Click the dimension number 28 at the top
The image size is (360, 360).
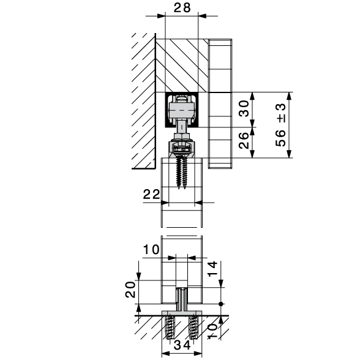182,7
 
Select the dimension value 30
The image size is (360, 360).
244,108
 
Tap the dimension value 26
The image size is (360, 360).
244,141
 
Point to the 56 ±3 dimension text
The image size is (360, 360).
280,125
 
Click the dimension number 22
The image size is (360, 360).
151,195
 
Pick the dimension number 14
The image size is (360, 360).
212,269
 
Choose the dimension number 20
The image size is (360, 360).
130,290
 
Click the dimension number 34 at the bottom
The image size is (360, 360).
182,345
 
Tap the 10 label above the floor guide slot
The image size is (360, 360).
151,249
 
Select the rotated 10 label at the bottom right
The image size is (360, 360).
212,331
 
